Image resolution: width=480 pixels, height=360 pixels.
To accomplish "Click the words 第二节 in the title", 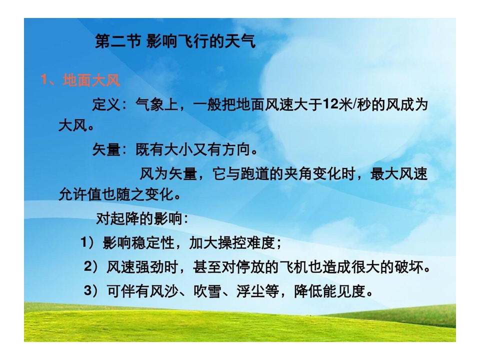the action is pos(118,41).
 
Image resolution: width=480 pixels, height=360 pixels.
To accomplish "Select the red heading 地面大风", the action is pos(91,80).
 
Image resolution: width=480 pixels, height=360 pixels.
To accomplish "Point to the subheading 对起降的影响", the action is pos(139,218).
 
